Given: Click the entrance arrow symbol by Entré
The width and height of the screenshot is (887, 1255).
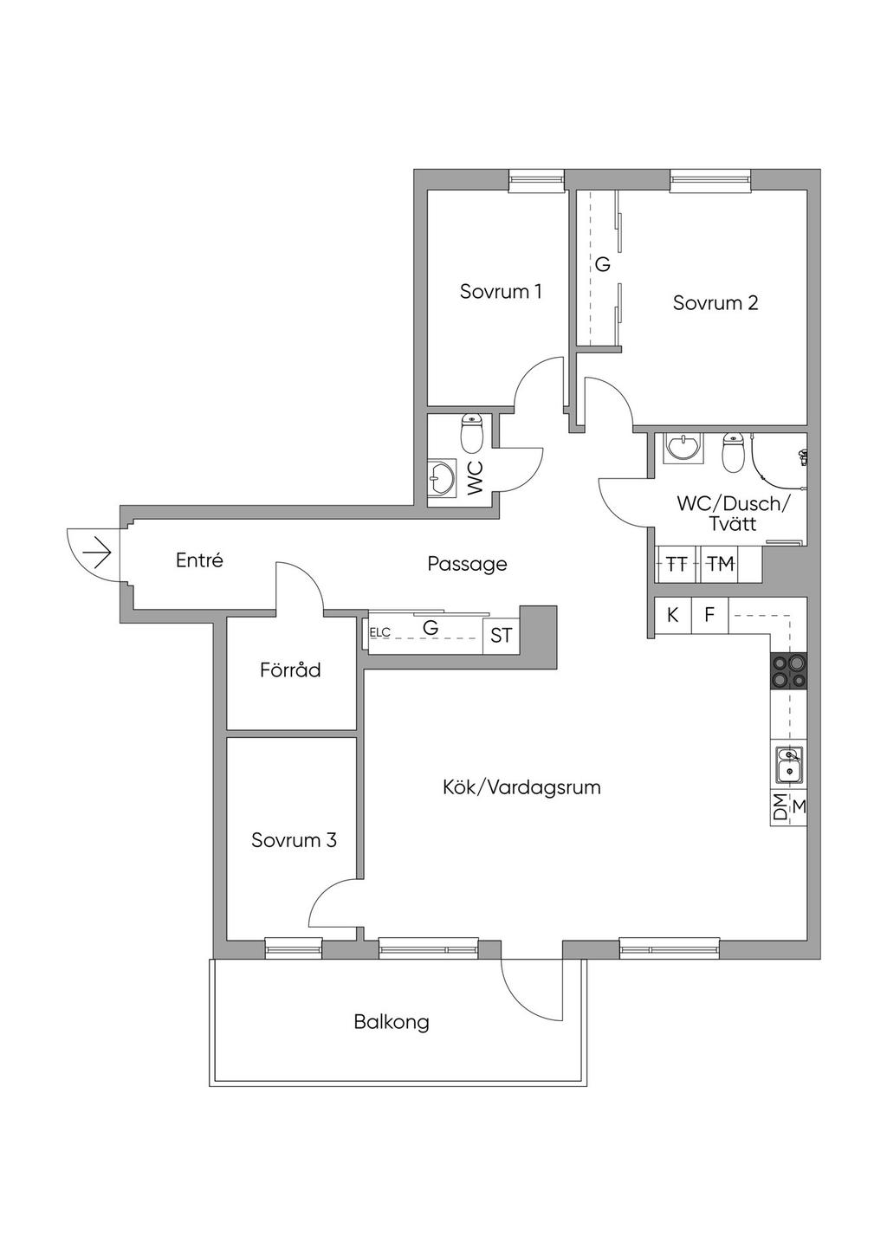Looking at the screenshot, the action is [x=97, y=551].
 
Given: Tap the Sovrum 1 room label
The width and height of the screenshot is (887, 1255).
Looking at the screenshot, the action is [x=501, y=291].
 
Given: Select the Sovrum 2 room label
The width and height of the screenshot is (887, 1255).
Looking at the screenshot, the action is [x=715, y=303].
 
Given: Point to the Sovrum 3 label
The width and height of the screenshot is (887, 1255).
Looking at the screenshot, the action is [x=294, y=840].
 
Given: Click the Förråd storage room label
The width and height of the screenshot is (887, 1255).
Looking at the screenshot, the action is [x=290, y=670].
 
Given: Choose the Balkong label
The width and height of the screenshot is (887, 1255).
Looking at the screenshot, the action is [x=392, y=1022].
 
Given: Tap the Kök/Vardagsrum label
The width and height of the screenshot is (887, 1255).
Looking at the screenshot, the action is [x=521, y=787].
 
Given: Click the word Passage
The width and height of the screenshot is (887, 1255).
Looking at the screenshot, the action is [x=467, y=564].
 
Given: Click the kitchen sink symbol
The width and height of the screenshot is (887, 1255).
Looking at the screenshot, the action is [x=788, y=765].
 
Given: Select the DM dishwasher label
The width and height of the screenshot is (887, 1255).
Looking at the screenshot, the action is [x=780, y=807].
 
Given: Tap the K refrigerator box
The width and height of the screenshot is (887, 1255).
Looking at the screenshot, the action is [x=673, y=616].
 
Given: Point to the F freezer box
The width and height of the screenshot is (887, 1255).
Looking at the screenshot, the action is [x=709, y=616].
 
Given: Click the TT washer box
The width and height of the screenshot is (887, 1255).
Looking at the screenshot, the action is [x=677, y=564].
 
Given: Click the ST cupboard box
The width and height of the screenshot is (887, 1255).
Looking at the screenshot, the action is [x=501, y=636].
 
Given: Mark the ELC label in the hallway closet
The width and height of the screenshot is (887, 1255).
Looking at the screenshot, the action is [x=380, y=632].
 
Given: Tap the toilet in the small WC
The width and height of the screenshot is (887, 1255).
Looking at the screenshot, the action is [x=472, y=435].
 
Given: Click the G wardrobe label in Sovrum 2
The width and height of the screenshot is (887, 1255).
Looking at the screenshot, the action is [x=603, y=264].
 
